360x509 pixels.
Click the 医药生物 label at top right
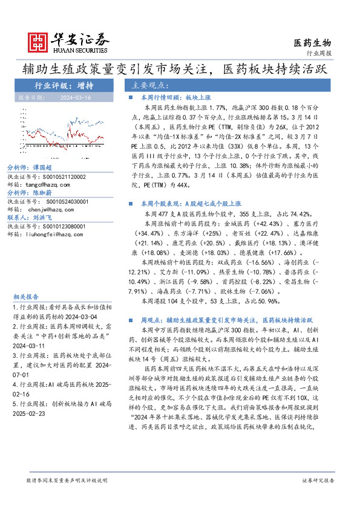click(x=312, y=42)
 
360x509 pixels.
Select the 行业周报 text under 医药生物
click(x=319, y=53)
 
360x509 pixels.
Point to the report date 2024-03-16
click(x=76, y=96)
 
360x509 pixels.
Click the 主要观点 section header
click(x=151, y=85)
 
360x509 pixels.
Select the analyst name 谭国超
click(x=41, y=167)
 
